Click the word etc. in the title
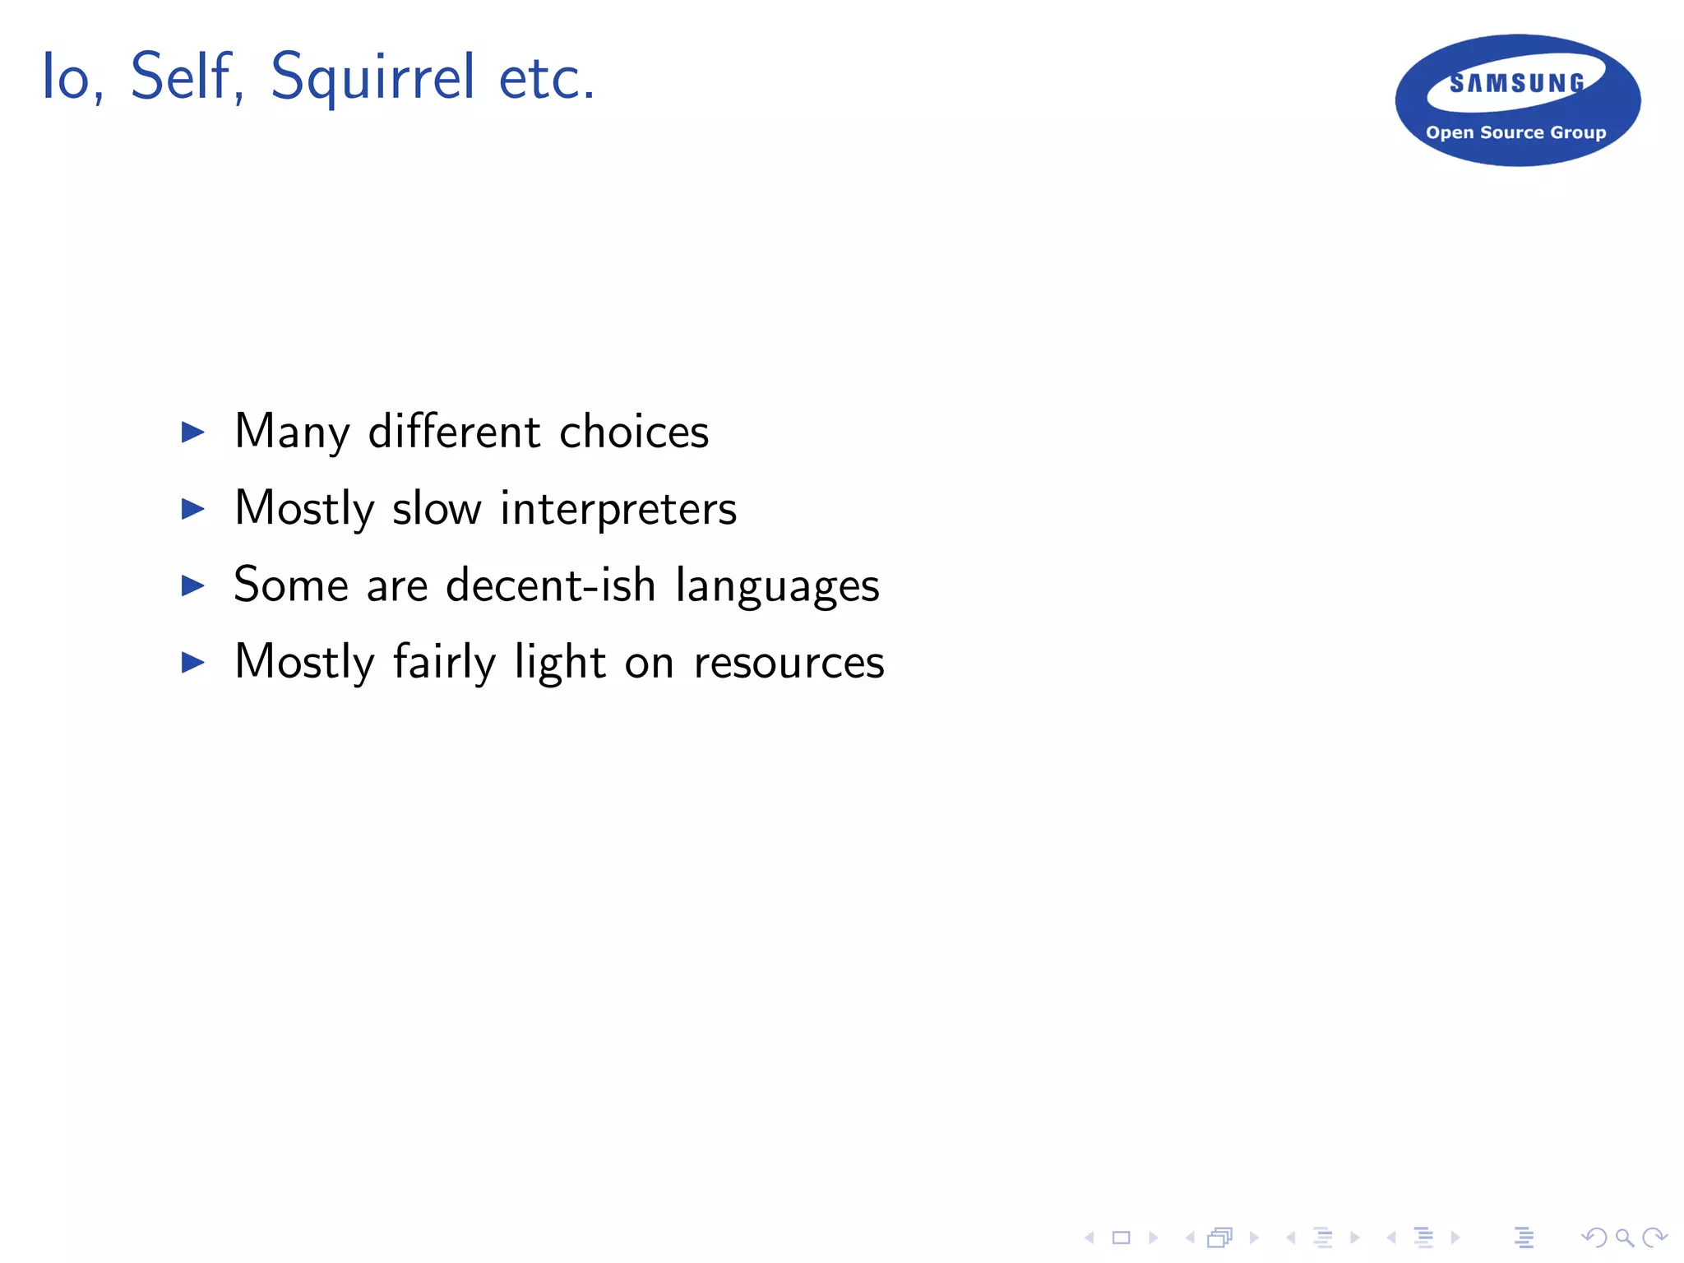(547, 78)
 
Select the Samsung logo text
(1517, 83)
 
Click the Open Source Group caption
(1515, 132)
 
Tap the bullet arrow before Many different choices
(192, 432)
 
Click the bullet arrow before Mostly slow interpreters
(192, 508)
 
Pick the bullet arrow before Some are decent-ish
(192, 585)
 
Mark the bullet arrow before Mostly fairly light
(192, 662)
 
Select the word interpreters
(618, 508)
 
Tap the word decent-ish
(550, 585)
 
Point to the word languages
(777, 586)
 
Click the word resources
(789, 663)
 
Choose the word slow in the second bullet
(437, 508)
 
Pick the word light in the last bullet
(560, 662)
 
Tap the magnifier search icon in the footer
(1624, 1237)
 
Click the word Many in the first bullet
(292, 432)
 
